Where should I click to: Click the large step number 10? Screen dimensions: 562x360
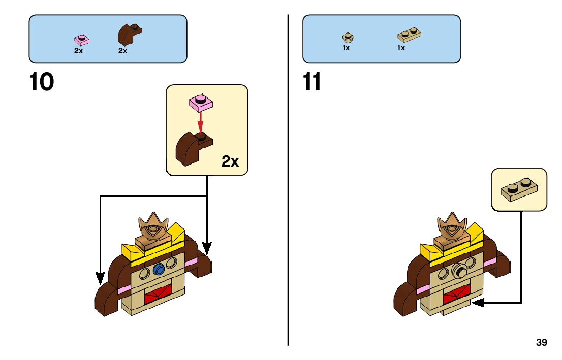click(x=42, y=82)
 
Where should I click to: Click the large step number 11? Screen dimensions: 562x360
click(x=312, y=82)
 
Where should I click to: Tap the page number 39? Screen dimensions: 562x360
click(x=542, y=343)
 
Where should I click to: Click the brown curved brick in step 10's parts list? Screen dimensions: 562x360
click(x=129, y=35)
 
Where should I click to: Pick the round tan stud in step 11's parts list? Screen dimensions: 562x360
click(x=348, y=37)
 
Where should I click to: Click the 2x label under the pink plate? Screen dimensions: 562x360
click(x=79, y=50)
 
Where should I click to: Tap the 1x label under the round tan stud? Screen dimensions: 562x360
click(x=346, y=48)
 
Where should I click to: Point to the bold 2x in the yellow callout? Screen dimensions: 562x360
click(x=230, y=161)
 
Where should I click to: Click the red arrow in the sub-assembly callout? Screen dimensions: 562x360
click(x=201, y=121)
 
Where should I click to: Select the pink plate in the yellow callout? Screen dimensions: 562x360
click(x=201, y=103)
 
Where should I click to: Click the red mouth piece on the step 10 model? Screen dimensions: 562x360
click(x=158, y=294)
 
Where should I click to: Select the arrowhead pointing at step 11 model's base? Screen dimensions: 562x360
click(x=476, y=303)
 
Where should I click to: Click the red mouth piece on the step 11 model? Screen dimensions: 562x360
click(x=456, y=294)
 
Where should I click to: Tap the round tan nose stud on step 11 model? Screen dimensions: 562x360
click(x=460, y=270)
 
